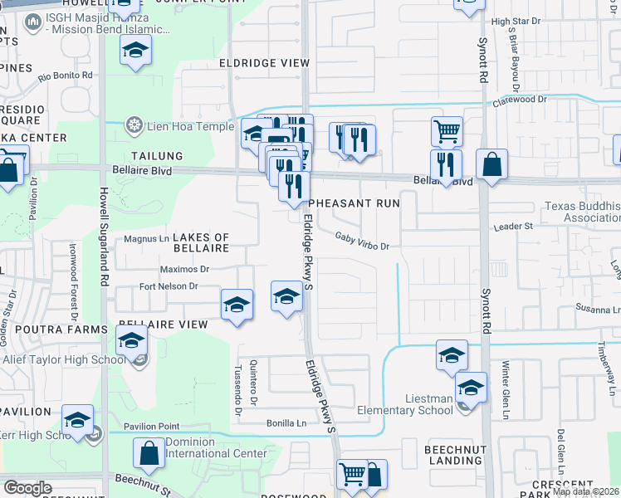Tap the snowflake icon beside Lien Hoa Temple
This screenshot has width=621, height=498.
[132, 126]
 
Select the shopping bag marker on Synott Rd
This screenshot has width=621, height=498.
[491, 164]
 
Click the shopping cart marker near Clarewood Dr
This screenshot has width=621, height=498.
[447, 130]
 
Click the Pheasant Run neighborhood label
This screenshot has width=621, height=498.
[355, 203]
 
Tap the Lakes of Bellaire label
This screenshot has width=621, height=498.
[200, 242]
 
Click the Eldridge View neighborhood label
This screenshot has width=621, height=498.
[253, 63]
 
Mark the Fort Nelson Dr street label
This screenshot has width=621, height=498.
[168, 286]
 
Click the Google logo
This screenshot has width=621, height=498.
[27, 487]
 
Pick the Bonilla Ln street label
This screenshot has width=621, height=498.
[286, 422]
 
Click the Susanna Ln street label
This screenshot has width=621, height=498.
[599, 309]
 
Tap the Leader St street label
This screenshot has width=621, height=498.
[512, 226]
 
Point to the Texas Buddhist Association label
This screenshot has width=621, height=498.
[582, 212]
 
